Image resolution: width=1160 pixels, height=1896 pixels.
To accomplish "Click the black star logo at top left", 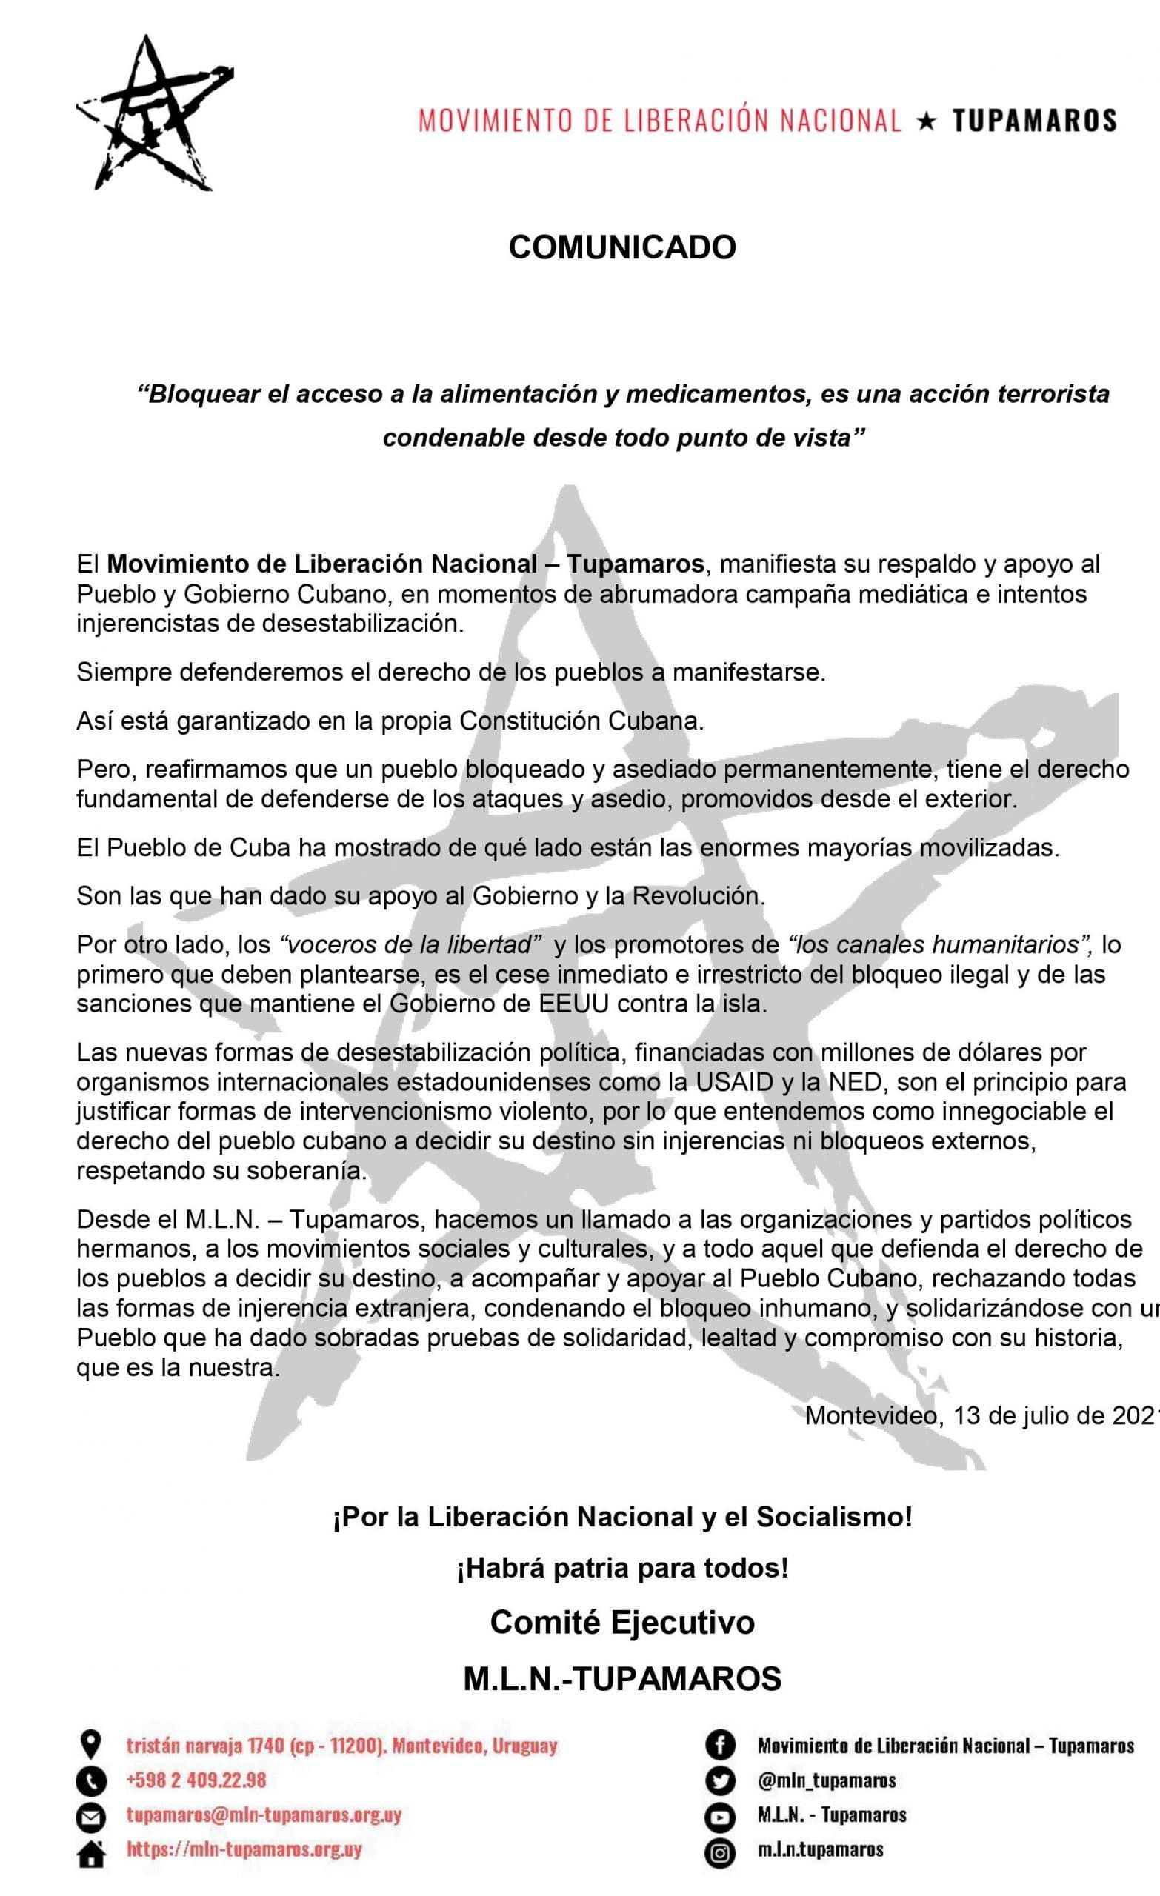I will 154,113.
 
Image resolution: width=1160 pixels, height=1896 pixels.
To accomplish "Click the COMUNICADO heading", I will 622,248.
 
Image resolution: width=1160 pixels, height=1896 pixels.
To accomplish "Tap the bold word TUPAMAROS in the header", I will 1035,121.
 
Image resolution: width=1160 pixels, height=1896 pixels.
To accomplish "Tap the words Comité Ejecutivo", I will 622,1622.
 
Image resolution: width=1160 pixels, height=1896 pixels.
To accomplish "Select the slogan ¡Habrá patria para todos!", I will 622,1567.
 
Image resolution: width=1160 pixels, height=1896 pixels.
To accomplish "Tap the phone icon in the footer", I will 92,1780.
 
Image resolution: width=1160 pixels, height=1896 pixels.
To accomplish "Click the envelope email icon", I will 92,1817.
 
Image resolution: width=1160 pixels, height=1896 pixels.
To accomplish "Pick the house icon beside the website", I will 92,1855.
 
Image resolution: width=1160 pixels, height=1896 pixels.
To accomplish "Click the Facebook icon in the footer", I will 721,1745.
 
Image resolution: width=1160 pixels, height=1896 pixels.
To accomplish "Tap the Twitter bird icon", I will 721,1780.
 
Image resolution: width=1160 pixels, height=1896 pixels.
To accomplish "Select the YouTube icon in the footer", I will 721,1817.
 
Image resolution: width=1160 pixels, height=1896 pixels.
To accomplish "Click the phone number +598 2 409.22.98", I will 196,1780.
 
